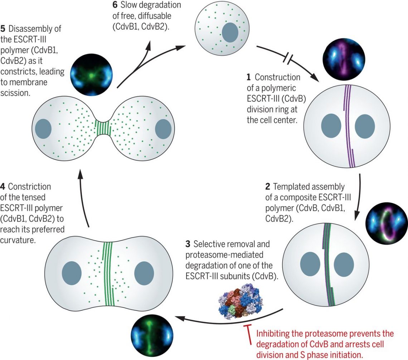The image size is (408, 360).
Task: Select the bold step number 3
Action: (x=188, y=244)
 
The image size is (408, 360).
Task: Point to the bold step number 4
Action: (x=3, y=187)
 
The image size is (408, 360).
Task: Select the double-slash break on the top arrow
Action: (x=289, y=58)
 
